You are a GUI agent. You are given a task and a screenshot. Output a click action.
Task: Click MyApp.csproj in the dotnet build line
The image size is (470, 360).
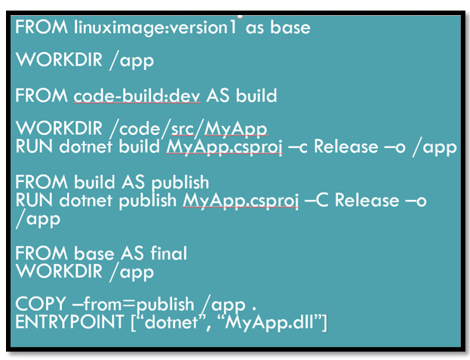[224, 146]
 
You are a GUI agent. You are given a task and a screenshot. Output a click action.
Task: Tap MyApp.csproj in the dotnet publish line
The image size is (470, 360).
[240, 200]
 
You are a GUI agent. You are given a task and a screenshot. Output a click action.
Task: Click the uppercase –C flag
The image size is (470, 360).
[316, 200]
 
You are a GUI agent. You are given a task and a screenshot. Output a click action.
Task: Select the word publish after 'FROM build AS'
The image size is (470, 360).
[180, 183]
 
